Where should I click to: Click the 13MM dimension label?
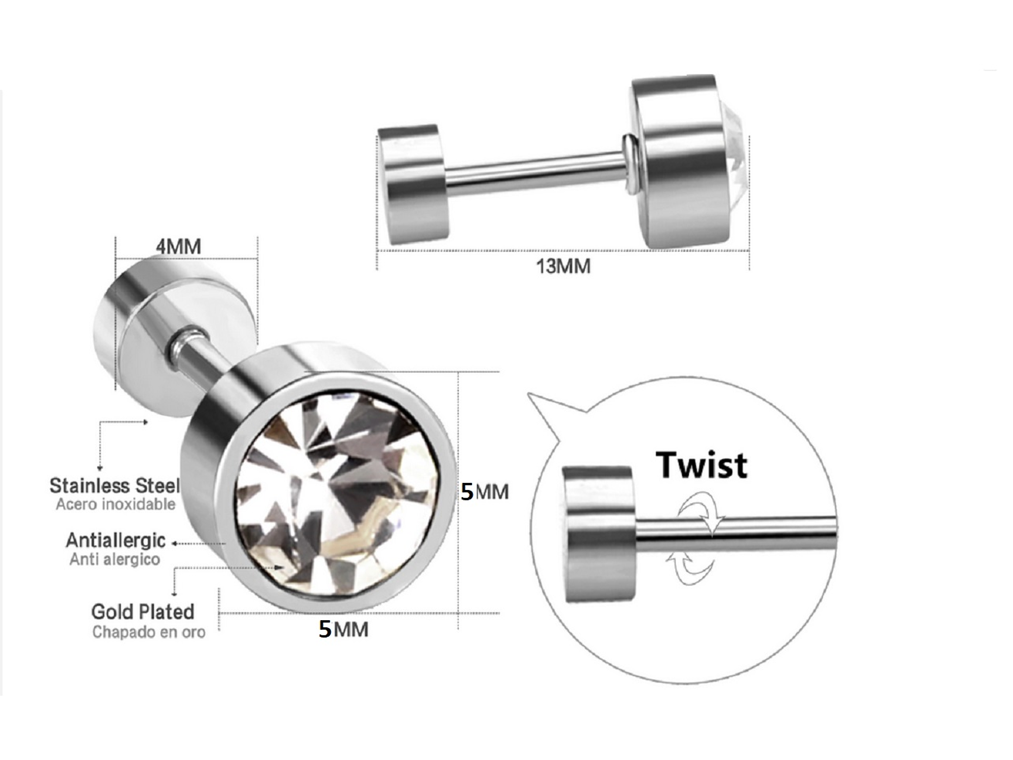click(x=563, y=266)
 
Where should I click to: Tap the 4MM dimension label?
click(x=178, y=247)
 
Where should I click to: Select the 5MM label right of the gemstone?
click(x=484, y=491)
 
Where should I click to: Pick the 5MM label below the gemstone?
click(x=343, y=629)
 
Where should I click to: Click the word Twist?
click(x=702, y=465)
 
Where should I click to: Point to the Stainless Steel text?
click(x=114, y=485)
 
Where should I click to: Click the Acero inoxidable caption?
click(x=115, y=505)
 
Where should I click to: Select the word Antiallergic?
click(x=115, y=541)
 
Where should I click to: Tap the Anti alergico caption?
click(x=114, y=559)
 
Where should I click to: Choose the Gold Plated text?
click(x=143, y=612)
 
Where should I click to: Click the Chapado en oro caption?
click(x=149, y=632)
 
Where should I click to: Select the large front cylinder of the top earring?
click(x=681, y=162)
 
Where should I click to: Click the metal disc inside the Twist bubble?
click(x=599, y=535)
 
